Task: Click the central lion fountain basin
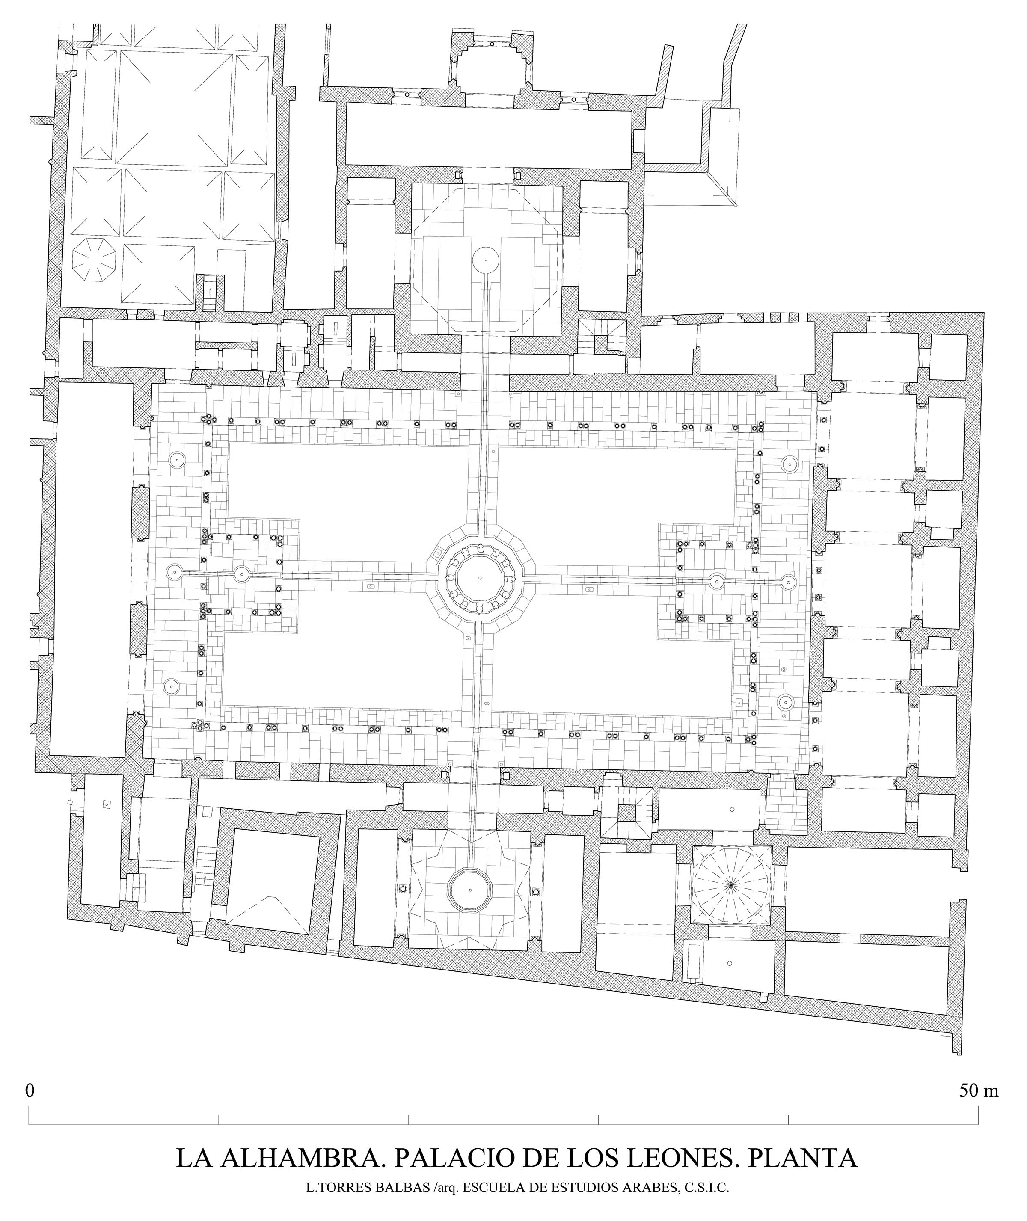point(480,578)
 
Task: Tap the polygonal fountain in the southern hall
point(469,890)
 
